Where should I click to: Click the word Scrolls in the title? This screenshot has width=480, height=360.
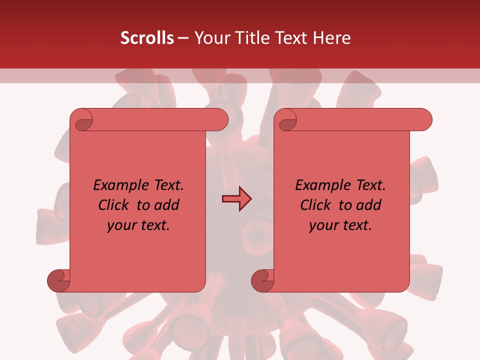pos(147,38)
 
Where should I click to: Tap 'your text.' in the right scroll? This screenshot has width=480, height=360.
pos(340,225)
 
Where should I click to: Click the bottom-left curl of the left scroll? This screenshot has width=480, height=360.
pos(59,280)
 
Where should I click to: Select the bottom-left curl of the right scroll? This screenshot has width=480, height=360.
pos(263,280)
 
